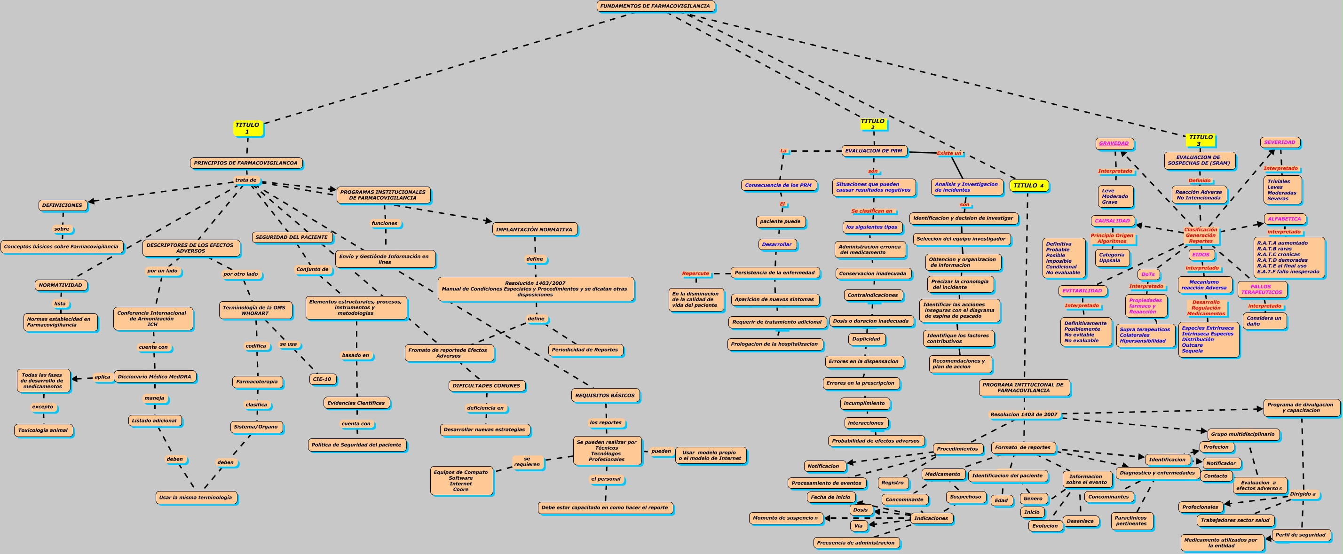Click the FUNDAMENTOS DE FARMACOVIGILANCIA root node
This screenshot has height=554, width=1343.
(x=655, y=6)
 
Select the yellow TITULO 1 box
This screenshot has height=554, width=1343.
(x=247, y=128)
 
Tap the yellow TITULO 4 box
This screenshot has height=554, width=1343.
(x=1028, y=186)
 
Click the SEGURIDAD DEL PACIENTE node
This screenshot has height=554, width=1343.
(x=292, y=237)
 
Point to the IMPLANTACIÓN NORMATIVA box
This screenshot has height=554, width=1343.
(x=534, y=229)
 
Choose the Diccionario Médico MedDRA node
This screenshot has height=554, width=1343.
(x=154, y=377)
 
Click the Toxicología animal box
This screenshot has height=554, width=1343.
(x=43, y=430)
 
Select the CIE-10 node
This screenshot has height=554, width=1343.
(x=322, y=379)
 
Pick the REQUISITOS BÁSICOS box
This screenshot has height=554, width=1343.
(x=605, y=396)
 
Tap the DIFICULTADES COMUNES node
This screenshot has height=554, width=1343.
(x=486, y=386)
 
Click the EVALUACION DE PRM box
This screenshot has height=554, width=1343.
(x=873, y=151)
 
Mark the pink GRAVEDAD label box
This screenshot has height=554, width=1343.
(x=1114, y=143)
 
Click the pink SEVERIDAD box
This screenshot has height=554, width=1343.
(x=1280, y=142)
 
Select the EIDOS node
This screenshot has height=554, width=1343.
(x=1201, y=255)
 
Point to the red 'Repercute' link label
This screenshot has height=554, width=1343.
(x=695, y=273)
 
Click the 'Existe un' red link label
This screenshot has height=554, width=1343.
(x=949, y=153)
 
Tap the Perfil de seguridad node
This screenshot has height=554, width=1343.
(x=1300, y=535)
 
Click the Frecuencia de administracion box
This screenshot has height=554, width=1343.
(x=855, y=543)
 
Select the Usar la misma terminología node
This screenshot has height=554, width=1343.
(x=196, y=498)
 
